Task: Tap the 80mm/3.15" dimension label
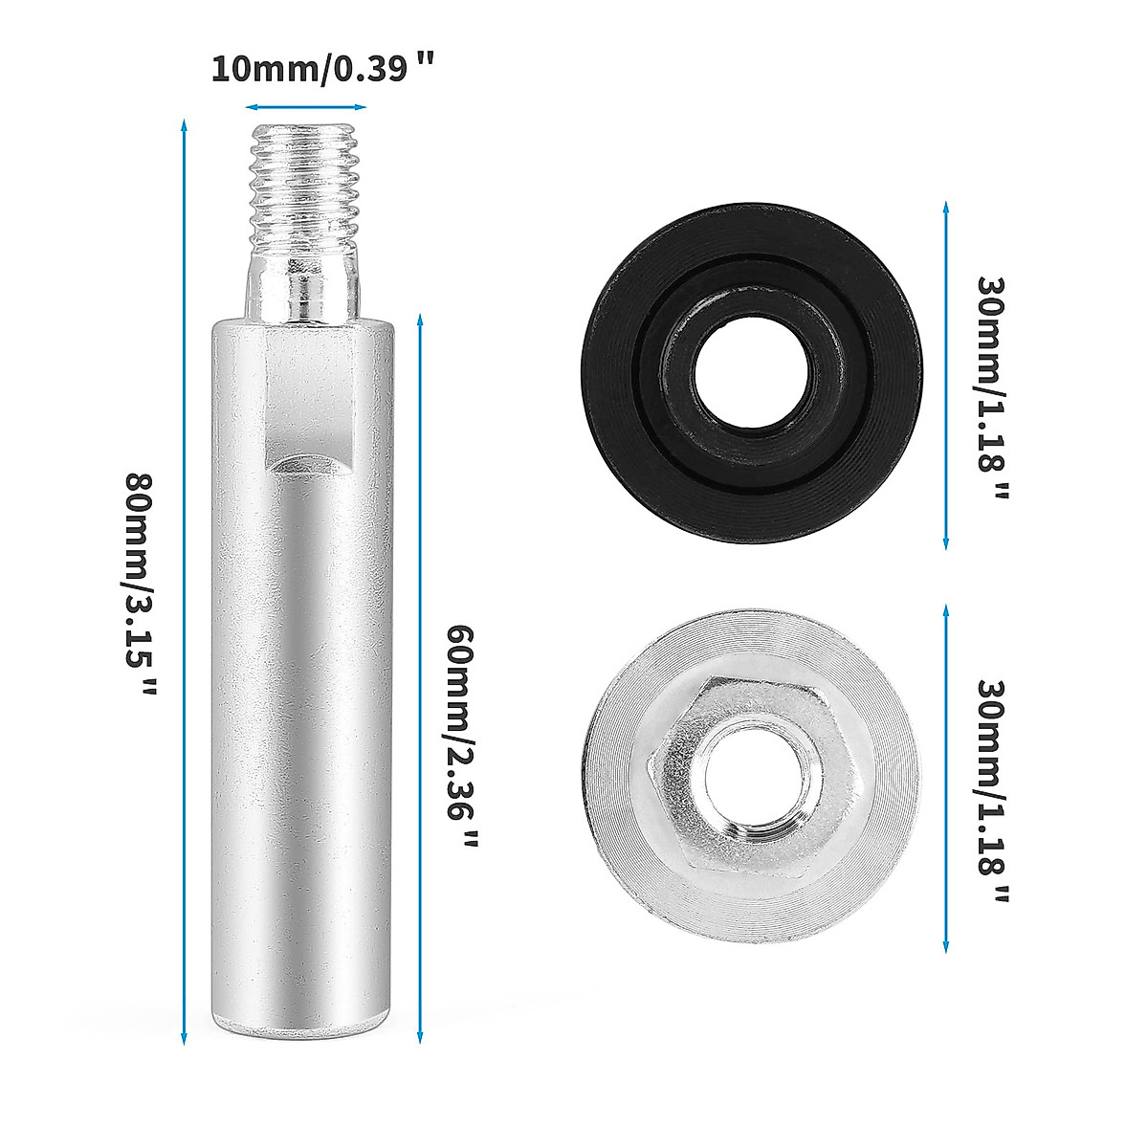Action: pos(144,585)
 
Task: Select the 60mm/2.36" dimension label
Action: pos(462,737)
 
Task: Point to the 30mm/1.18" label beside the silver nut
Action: pos(993,792)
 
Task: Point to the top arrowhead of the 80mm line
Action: pos(182,124)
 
